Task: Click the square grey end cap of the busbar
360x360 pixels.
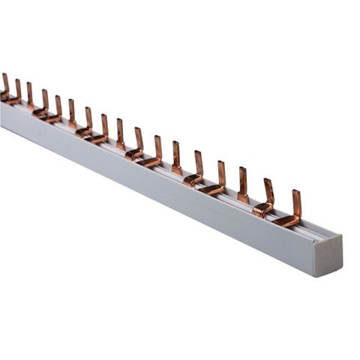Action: click(x=328, y=256)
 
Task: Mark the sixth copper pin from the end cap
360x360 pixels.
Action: click(x=176, y=153)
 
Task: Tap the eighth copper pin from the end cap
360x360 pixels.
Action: click(x=139, y=138)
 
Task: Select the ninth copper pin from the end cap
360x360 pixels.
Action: click(x=120, y=130)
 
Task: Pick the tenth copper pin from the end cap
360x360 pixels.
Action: click(x=104, y=124)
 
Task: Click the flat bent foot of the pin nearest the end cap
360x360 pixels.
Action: click(x=284, y=221)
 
